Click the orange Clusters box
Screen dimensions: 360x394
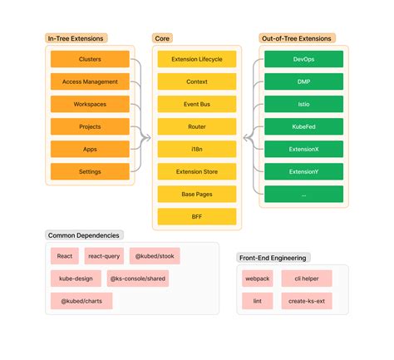coord(90,60)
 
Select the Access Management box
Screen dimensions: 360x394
coord(90,82)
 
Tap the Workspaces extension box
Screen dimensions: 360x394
coord(90,105)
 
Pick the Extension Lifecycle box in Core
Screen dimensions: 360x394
coord(196,60)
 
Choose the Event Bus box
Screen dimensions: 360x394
coord(196,105)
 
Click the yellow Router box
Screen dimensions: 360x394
coord(196,127)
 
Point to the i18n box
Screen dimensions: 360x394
coord(196,150)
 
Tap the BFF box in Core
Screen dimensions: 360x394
coord(196,216)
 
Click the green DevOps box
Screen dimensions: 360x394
coord(303,60)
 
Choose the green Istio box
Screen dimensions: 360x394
coord(303,105)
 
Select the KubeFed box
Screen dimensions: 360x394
coord(303,127)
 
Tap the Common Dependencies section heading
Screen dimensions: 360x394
coord(83,236)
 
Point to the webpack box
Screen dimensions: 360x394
coord(256,279)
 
